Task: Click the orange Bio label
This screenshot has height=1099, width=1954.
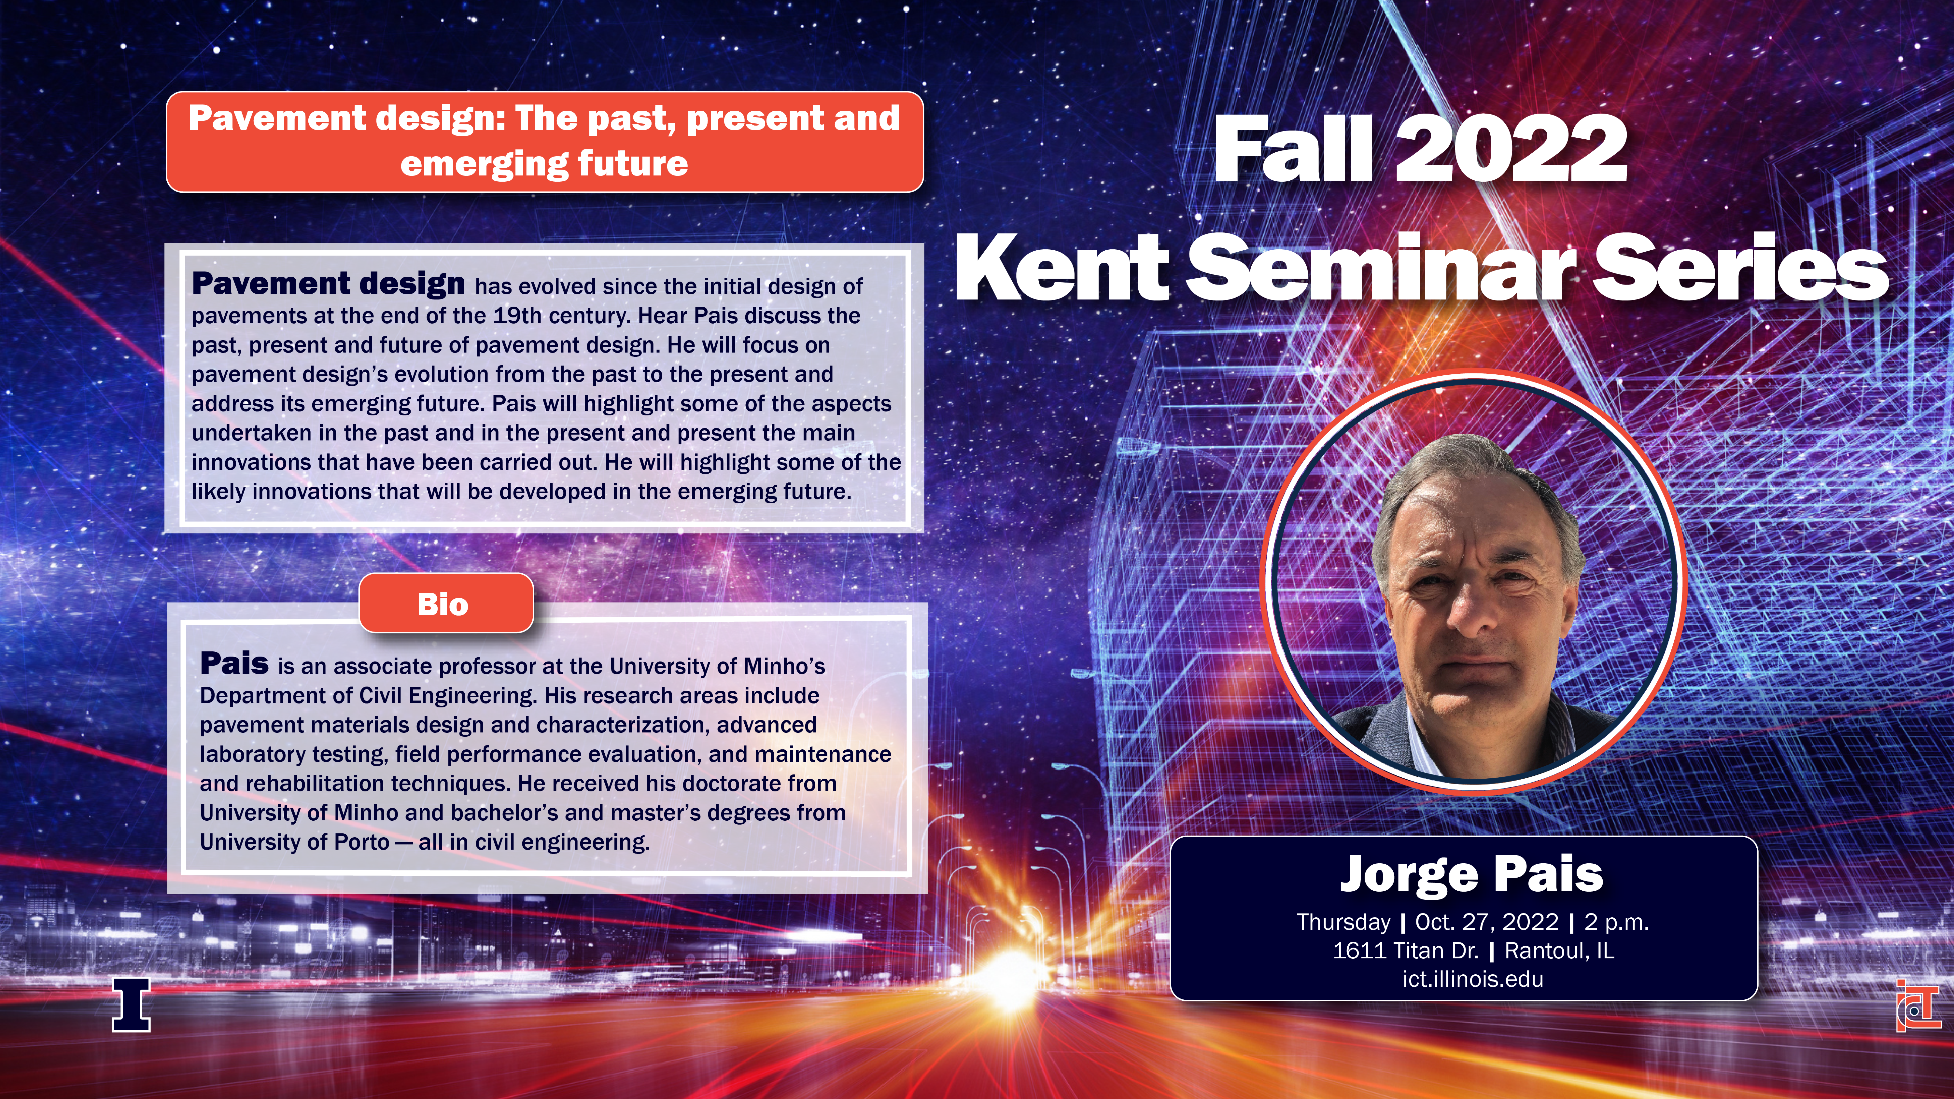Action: pyautogui.click(x=446, y=604)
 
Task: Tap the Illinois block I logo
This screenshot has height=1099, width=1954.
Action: pyautogui.click(x=131, y=1004)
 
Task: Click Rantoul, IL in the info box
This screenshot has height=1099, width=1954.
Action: pyautogui.click(x=1559, y=950)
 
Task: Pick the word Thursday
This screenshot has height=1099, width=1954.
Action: pyautogui.click(x=1343, y=922)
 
